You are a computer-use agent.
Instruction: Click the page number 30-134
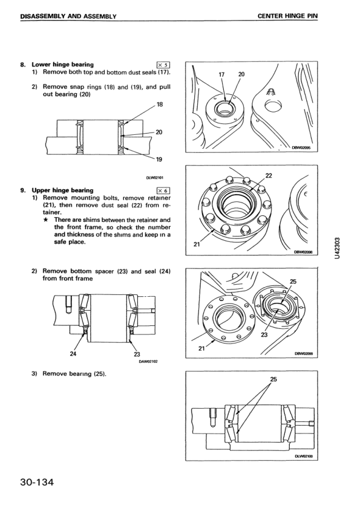(x=36, y=482)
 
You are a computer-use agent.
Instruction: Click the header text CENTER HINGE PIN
(x=287, y=16)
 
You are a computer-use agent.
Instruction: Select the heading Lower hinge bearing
(x=62, y=64)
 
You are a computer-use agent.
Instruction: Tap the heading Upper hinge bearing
(x=62, y=190)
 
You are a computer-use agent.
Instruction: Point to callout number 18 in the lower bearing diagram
(x=160, y=105)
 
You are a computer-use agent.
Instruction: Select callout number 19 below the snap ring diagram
(x=159, y=159)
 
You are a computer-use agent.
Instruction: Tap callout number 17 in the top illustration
(x=221, y=74)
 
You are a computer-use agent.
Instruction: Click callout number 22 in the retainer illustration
(x=269, y=176)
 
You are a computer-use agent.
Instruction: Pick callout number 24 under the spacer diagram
(x=73, y=354)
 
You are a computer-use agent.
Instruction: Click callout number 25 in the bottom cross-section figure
(x=273, y=379)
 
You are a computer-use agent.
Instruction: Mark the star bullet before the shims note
(x=47, y=220)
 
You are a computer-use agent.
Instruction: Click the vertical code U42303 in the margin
(x=337, y=248)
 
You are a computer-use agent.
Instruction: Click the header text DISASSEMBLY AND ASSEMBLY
(x=68, y=16)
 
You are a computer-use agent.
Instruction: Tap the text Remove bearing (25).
(x=74, y=374)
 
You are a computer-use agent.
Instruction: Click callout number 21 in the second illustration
(x=197, y=244)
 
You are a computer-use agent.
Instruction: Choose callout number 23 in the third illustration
(x=264, y=335)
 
